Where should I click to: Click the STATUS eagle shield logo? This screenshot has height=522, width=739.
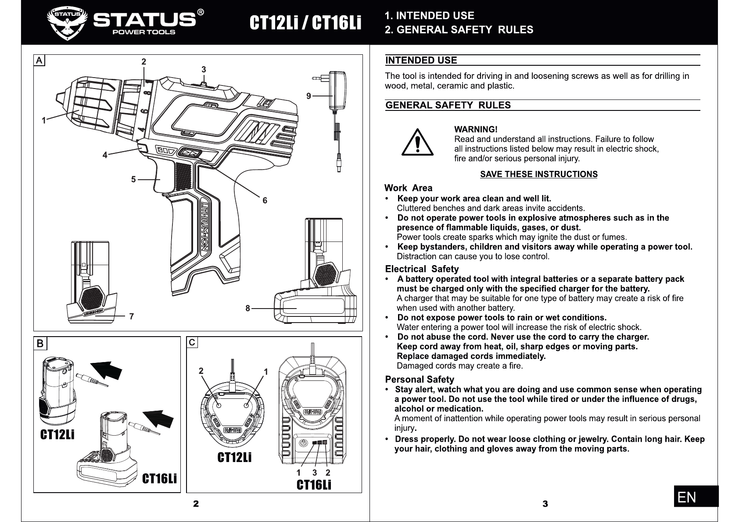pyautogui.click(x=66, y=23)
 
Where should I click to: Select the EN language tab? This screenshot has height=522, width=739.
pyautogui.click(x=696, y=497)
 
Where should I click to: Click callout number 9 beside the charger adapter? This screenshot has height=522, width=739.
pyautogui.click(x=309, y=96)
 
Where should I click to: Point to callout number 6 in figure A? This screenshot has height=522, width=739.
pyautogui.click(x=265, y=201)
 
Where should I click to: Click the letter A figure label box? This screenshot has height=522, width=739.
pyautogui.click(x=39, y=60)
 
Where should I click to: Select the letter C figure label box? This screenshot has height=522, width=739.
pyautogui.click(x=192, y=342)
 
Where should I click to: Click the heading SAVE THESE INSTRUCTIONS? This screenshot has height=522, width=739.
pyautogui.click(x=538, y=174)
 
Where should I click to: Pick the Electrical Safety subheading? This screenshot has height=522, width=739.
pyautogui.click(x=422, y=269)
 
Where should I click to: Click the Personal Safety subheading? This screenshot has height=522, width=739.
pyautogui.click(x=419, y=380)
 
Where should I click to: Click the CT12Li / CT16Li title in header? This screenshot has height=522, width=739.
pyautogui.click(x=305, y=23)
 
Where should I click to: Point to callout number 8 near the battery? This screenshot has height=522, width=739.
pyautogui.click(x=248, y=309)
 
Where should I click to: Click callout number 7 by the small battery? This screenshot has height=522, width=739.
pyautogui.click(x=131, y=316)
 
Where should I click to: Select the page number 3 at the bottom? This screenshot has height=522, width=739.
pyautogui.click(x=545, y=504)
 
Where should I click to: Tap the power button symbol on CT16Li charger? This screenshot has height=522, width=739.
pyautogui.click(x=303, y=443)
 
